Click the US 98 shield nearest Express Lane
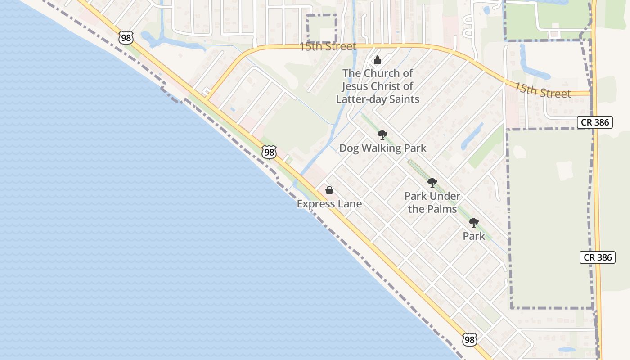coord(269,152)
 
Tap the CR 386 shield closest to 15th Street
coord(595,122)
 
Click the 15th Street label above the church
coord(328,46)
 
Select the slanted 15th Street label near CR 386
coord(542,90)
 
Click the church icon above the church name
coord(378,60)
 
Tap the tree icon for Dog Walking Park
coord(382,135)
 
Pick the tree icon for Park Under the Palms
coord(432,182)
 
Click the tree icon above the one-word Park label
coord(473,222)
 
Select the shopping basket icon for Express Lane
coord(329,190)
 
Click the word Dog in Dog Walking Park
coord(349,148)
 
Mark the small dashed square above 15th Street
coord(322,28)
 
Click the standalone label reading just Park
coord(474,236)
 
